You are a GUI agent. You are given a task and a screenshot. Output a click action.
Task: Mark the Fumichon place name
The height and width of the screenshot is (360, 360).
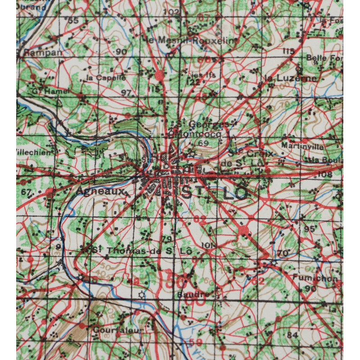click(x=315, y=278)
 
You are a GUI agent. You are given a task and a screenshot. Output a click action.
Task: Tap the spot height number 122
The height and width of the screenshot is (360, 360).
click(x=193, y=82)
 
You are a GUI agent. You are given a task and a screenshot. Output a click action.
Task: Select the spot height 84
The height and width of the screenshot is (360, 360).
click(x=292, y=334)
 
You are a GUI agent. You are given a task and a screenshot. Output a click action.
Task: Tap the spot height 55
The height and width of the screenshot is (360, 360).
click(x=73, y=20)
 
